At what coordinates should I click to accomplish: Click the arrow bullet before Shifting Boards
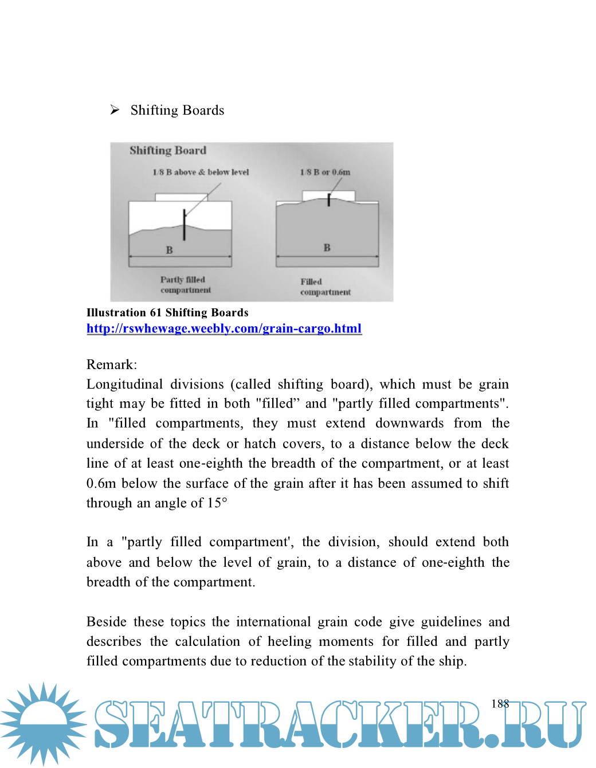tap(115, 109)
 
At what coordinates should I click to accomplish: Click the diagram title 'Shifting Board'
tap(167, 151)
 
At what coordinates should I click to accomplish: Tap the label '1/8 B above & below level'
tap(201, 172)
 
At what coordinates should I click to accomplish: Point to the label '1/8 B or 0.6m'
tap(325, 172)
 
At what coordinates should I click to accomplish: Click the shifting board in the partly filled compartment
tap(184, 225)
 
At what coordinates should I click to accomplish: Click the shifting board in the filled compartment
tap(329, 200)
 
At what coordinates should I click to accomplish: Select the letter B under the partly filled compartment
tap(169, 250)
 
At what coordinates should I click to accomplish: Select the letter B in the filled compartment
tap(327, 248)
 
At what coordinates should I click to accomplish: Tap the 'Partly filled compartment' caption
tap(185, 285)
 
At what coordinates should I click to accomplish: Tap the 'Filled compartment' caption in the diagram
tap(325, 287)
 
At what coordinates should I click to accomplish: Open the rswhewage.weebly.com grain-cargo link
tap(224, 328)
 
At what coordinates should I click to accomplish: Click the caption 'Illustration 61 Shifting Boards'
tap(167, 312)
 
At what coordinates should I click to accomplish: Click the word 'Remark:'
tap(112, 365)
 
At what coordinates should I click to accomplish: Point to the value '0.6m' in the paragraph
tap(101, 483)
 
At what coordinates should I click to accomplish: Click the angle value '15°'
tap(217, 503)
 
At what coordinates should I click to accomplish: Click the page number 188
tap(500, 704)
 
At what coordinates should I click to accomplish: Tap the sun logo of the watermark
tap(44, 723)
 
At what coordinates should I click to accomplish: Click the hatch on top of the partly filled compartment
tap(181, 197)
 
